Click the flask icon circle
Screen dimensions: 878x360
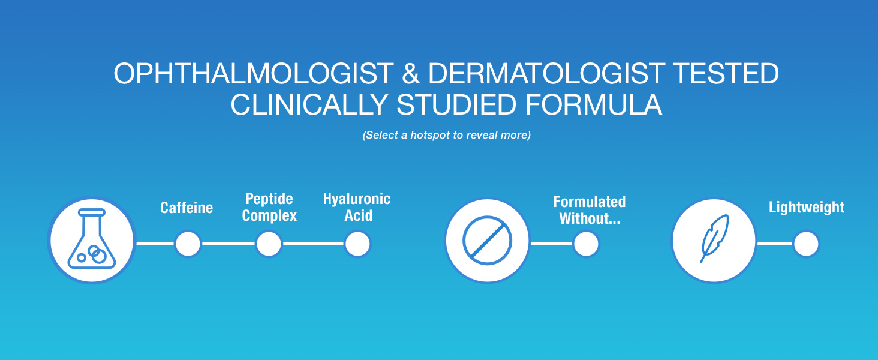pyautogui.click(x=92, y=240)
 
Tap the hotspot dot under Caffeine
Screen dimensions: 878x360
pyautogui.click(x=188, y=244)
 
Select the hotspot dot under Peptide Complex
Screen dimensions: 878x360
pyautogui.click(x=269, y=244)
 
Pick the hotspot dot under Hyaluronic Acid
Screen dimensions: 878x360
pyautogui.click(x=357, y=244)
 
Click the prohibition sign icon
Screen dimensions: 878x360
pyautogui.click(x=487, y=241)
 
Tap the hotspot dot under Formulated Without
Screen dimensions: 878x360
pyautogui.click(x=586, y=244)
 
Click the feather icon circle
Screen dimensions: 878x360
pyautogui.click(x=714, y=241)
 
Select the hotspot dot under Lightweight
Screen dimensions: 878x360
pyautogui.click(x=806, y=244)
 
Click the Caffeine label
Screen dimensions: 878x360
pyautogui.click(x=187, y=208)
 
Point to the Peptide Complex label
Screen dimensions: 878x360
pyautogui.click(x=269, y=207)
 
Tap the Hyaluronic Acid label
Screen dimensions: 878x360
pyautogui.click(x=357, y=207)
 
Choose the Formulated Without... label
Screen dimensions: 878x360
pyautogui.click(x=590, y=210)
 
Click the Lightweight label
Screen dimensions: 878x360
pyautogui.click(x=807, y=208)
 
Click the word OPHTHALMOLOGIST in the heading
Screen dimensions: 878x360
pyautogui.click(x=254, y=73)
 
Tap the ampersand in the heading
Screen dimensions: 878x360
pyautogui.click(x=411, y=73)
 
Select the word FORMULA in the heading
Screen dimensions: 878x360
pyautogui.click(x=594, y=105)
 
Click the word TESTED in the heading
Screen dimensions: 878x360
pyautogui.click(x=726, y=73)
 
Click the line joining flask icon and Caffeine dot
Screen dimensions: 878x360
pyautogui.click(x=155, y=244)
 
